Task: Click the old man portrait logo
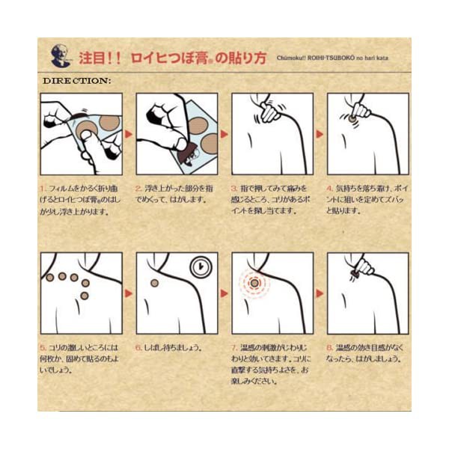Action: click(x=59, y=56)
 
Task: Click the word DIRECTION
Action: click(x=77, y=80)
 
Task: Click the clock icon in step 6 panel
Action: click(x=200, y=268)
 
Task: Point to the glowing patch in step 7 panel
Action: click(x=254, y=284)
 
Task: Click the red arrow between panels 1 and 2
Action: click(x=129, y=135)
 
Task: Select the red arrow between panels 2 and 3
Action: click(x=224, y=135)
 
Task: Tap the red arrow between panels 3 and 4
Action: click(x=320, y=135)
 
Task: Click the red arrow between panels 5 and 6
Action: click(x=129, y=293)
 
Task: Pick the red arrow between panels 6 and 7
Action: click(x=224, y=293)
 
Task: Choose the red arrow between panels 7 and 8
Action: click(x=320, y=293)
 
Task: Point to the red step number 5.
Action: click(x=43, y=348)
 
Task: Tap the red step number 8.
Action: click(x=330, y=348)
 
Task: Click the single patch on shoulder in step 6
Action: click(x=154, y=283)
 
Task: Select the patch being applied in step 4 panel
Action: click(x=350, y=117)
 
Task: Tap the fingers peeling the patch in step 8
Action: click(x=364, y=266)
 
